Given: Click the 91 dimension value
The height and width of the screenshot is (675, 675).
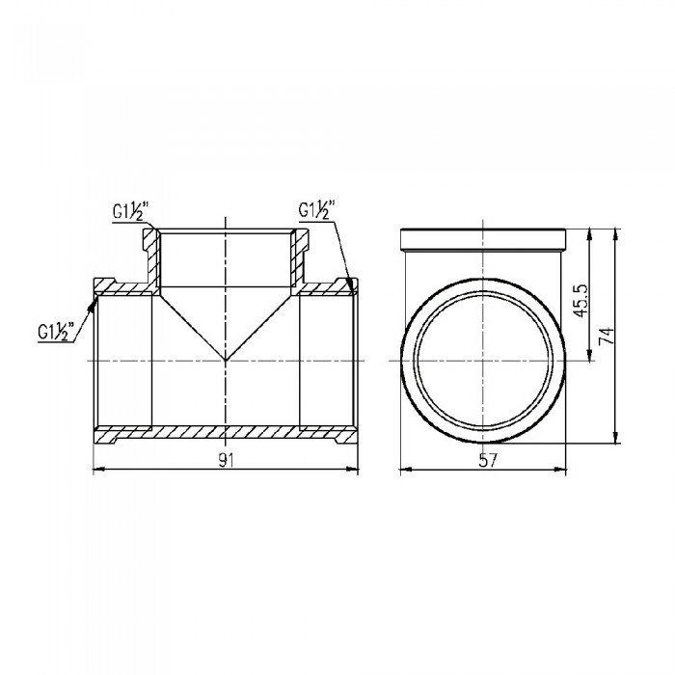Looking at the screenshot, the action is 226,461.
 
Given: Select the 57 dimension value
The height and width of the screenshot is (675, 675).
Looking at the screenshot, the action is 488,461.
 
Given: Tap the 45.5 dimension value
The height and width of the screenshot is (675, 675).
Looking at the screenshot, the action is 581,300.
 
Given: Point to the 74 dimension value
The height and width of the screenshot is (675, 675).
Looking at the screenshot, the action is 607,336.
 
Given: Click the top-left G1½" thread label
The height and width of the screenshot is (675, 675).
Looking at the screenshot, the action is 130,212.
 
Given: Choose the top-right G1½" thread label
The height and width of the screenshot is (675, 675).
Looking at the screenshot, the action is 316,210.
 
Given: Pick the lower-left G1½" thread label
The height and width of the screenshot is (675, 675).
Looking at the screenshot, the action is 56,332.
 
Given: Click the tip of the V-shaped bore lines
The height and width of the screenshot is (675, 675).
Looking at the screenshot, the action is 226,360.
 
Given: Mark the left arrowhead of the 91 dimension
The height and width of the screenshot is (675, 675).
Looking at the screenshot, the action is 99,470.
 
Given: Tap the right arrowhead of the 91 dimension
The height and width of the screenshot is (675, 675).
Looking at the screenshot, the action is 353,470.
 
